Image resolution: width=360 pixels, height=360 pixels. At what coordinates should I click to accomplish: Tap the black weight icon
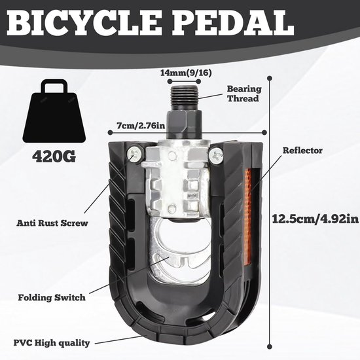pyautogui.click(x=54, y=111)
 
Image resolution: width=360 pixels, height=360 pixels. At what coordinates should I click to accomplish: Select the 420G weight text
pyautogui.click(x=54, y=156)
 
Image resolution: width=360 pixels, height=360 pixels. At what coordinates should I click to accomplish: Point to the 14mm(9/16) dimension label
pyautogui.click(x=186, y=73)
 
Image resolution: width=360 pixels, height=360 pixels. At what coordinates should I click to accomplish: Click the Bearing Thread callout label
pyautogui.click(x=244, y=94)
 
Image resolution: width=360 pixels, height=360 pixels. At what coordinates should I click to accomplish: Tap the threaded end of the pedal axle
pyautogui.click(x=185, y=97)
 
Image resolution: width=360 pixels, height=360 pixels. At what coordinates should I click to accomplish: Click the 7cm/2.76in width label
pyautogui.click(x=141, y=126)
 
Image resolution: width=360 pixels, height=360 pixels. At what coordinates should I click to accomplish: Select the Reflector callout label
pyautogui.click(x=302, y=151)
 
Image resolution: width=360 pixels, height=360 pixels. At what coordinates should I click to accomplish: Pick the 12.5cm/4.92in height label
pyautogui.click(x=315, y=219)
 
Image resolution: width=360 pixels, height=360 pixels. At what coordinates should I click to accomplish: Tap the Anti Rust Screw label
pyautogui.click(x=52, y=223)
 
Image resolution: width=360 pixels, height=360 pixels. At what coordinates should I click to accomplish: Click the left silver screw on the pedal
pyautogui.click(x=135, y=154)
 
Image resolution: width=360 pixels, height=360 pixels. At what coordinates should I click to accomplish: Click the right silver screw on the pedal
pyautogui.click(x=216, y=155)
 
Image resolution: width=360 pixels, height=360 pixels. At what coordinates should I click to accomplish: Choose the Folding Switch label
pyautogui.click(x=52, y=297)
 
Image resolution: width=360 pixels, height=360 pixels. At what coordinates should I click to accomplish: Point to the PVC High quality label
pyautogui.click(x=52, y=343)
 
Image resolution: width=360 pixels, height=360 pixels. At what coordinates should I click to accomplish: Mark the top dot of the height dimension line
pyautogui.click(x=270, y=79)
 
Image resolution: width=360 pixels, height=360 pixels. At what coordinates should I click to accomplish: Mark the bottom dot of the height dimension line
pyautogui.click(x=270, y=347)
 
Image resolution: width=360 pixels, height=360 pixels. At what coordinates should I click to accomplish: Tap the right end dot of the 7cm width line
pyautogui.click(x=264, y=132)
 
